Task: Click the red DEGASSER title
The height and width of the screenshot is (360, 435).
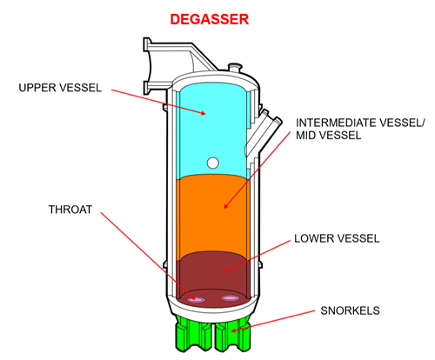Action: pyautogui.click(x=216, y=17)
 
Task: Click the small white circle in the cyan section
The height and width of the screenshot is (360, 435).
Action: pyautogui.click(x=213, y=162)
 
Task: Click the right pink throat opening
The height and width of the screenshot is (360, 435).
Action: pyautogui.click(x=230, y=298)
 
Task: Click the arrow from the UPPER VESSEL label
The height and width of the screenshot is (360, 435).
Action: pyautogui.click(x=157, y=99)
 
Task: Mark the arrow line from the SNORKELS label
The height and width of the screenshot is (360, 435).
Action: pyautogui.click(x=278, y=319)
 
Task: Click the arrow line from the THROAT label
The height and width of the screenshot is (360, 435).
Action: pyautogui.click(x=139, y=257)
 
